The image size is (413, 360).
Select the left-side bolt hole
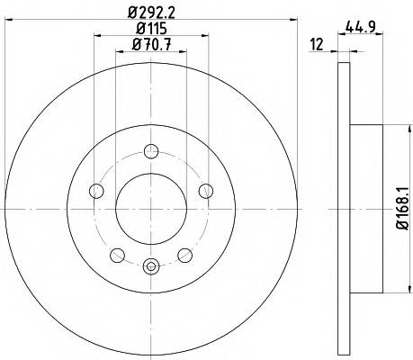point(95,189)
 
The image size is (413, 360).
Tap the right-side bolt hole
point(206,189)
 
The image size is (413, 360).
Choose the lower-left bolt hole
point(117,254)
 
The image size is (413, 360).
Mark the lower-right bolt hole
point(185,254)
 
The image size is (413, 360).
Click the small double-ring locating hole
point(151,265)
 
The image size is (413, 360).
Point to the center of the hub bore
point(151,208)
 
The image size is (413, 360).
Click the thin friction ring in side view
point(342,208)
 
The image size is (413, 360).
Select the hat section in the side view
point(360,208)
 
